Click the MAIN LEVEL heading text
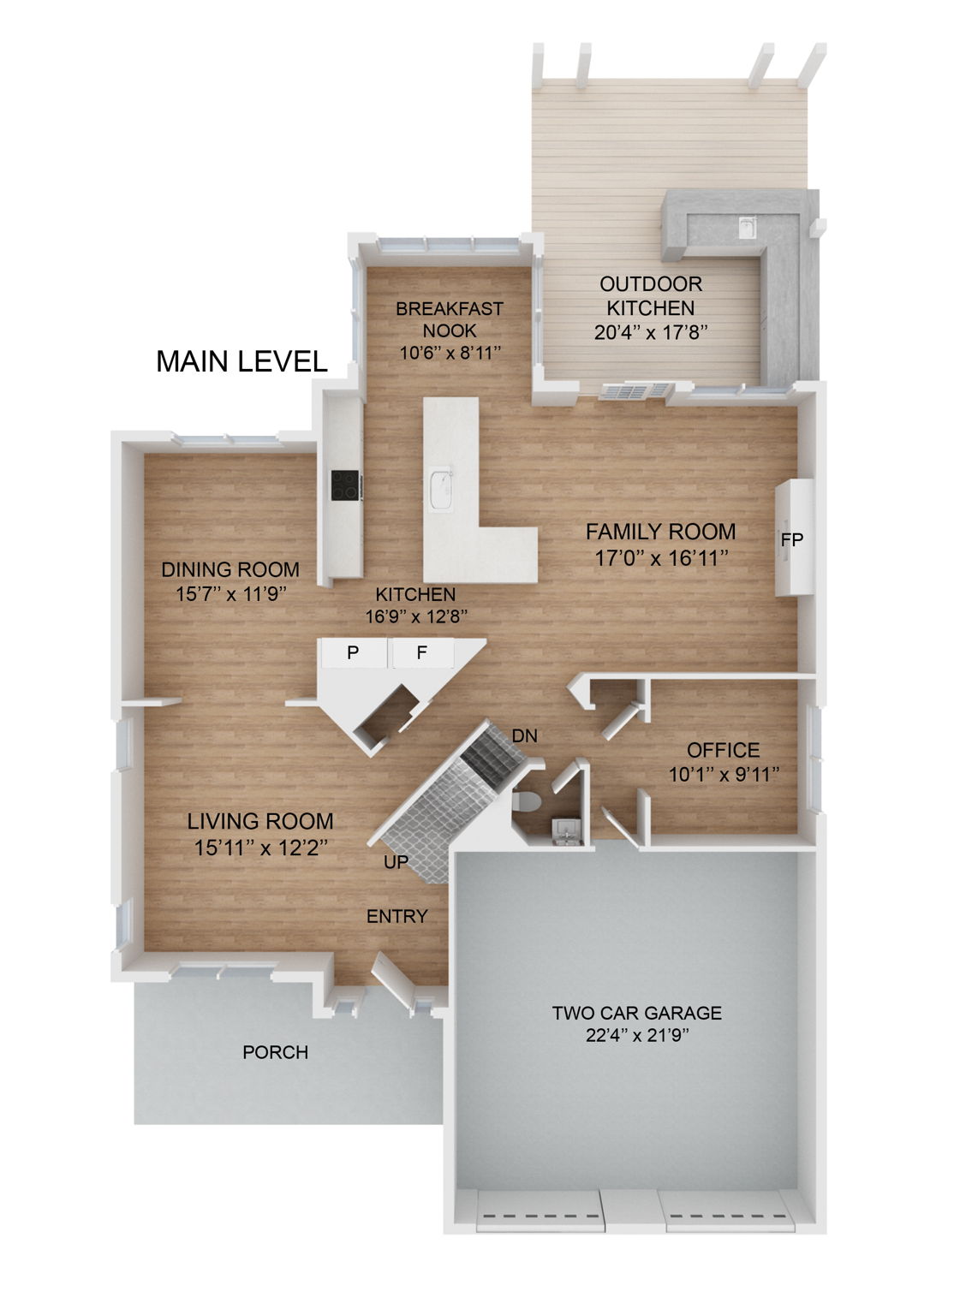241,361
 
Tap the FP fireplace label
791,540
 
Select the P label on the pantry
353,653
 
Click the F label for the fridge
421,653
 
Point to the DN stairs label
524,735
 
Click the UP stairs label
396,862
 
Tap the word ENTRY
397,917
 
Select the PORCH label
275,1052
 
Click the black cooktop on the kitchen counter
346,485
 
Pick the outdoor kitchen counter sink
748,226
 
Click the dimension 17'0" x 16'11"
660,558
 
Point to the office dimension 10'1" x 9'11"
723,774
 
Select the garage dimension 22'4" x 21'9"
636,1036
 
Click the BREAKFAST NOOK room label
449,319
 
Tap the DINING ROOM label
230,569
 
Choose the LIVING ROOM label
260,821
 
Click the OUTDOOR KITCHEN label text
650,295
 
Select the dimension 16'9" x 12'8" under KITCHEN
415,616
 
